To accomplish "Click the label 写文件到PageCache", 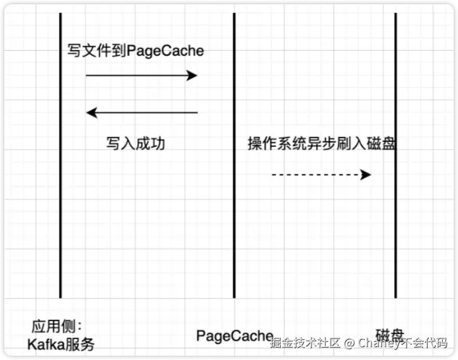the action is pyautogui.click(x=136, y=51).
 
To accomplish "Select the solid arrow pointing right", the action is pyautogui.click(x=141, y=75).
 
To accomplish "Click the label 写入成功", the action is pyautogui.click(x=136, y=143).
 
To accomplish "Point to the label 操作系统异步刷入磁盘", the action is pyautogui.click(x=322, y=143).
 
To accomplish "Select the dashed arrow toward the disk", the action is pyautogui.click(x=320, y=174).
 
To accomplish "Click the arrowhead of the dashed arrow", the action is pyautogui.click(x=366, y=174).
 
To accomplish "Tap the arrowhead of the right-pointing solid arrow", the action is pyautogui.click(x=192, y=75).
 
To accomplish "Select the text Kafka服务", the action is pyautogui.click(x=61, y=344).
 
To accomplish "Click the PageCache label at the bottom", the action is pyautogui.click(x=235, y=335).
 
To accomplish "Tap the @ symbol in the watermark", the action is pyautogui.click(x=348, y=343).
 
